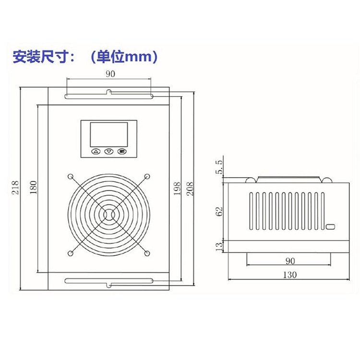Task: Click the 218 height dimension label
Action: [14, 187]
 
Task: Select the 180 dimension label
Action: [33, 188]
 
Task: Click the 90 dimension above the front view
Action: [109, 74]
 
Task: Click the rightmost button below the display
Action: [122, 152]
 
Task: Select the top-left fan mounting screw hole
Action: [71, 176]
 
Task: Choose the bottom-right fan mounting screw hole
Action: [147, 253]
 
